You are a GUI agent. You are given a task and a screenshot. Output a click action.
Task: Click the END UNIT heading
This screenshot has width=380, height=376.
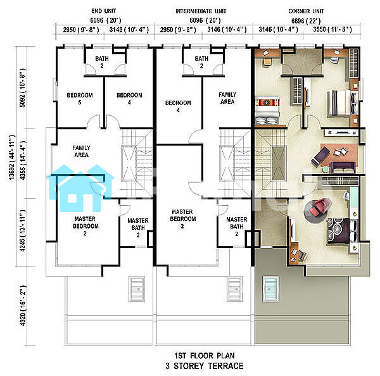click(x=103, y=11)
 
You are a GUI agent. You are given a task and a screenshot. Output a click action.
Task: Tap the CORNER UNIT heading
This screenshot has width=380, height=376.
click(x=306, y=11)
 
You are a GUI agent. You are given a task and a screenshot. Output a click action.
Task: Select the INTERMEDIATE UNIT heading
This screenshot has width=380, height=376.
click(x=201, y=11)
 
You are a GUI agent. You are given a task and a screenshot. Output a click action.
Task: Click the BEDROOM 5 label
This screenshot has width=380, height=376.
click(x=80, y=99)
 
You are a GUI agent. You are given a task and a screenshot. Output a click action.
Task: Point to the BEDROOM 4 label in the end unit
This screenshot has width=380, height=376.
click(x=129, y=99)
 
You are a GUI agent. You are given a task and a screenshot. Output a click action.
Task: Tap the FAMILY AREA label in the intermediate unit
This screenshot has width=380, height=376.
click(x=227, y=98)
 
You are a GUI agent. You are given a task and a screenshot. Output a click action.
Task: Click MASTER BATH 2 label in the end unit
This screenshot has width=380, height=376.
click(x=138, y=228)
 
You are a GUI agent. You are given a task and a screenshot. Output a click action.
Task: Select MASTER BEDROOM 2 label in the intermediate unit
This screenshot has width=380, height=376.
click(x=183, y=219)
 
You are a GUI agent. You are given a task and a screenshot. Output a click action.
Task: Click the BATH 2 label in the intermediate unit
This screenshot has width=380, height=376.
click(x=201, y=62)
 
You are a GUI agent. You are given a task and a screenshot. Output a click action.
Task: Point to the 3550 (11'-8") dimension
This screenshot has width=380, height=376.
click(x=332, y=30)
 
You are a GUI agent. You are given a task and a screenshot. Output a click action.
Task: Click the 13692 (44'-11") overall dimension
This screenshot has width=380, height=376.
click(x=12, y=158)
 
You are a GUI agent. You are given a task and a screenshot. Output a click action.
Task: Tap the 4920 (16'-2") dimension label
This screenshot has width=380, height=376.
click(x=23, y=306)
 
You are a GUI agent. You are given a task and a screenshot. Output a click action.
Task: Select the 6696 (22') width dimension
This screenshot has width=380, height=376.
click(x=306, y=21)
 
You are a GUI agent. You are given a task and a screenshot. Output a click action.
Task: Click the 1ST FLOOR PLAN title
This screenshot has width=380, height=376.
click(x=205, y=356)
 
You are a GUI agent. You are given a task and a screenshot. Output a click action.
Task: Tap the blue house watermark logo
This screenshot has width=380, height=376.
click(x=80, y=188)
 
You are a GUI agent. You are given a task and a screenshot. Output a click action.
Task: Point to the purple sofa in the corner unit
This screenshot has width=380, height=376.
click(x=343, y=167)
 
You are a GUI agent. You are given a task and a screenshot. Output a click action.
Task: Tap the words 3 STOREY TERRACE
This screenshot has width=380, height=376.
click(x=205, y=366)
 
